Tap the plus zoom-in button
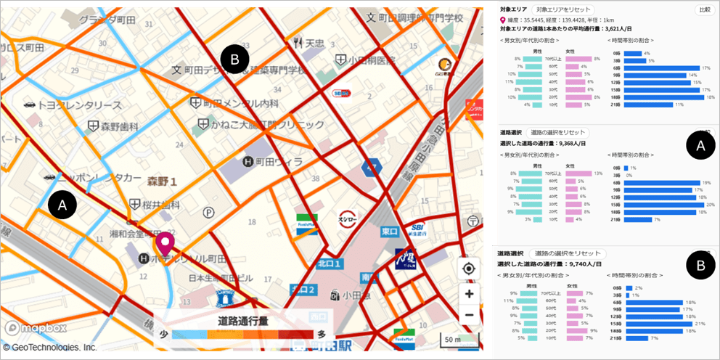pos(469,294)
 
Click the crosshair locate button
pos(469,269)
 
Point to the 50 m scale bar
pos(456,340)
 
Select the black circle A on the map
pos(62,205)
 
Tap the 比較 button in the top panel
pos(704,9)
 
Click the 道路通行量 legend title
pos(243,320)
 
